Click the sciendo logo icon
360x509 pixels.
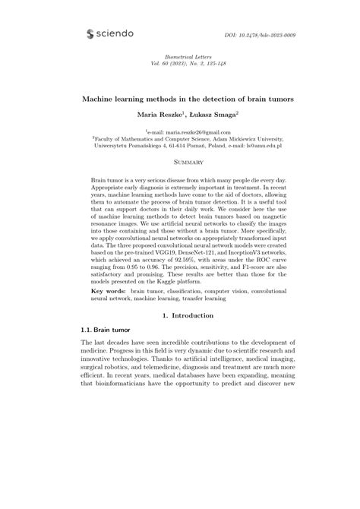tap(91, 34)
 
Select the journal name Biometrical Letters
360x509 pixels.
tap(180, 58)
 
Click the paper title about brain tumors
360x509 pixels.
tap(180, 100)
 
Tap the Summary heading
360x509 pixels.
tap(180, 163)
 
